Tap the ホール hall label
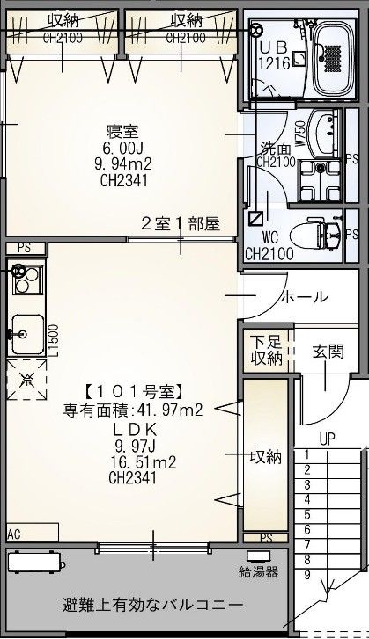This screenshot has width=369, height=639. [304, 296]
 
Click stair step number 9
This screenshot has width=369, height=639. [306, 575]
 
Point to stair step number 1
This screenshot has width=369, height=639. [306, 454]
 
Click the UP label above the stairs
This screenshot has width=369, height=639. [327, 437]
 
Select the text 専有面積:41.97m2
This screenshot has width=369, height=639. [133, 410]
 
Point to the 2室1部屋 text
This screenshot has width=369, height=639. [181, 223]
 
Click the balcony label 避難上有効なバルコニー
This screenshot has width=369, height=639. [152, 606]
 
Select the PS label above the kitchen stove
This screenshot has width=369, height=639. [23, 248]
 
